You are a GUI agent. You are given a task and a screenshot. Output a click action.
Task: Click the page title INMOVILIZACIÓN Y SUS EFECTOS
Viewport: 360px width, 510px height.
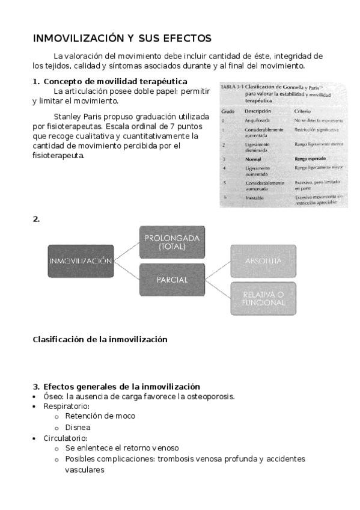(x=122, y=38)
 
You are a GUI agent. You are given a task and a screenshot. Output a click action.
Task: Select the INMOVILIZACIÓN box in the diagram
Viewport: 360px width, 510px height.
(x=81, y=261)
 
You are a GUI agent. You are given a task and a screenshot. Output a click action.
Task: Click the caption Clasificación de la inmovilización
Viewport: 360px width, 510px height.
(x=100, y=339)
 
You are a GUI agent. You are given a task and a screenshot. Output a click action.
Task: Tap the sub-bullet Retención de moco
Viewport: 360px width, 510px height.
(x=100, y=416)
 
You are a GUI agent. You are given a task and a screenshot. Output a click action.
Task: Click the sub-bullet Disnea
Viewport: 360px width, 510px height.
(x=78, y=427)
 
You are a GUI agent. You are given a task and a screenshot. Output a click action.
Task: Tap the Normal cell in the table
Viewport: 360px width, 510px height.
(x=254, y=159)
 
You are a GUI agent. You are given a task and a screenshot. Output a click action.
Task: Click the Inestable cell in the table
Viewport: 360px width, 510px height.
(x=257, y=197)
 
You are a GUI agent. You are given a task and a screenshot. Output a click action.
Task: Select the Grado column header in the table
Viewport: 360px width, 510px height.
(x=228, y=112)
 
